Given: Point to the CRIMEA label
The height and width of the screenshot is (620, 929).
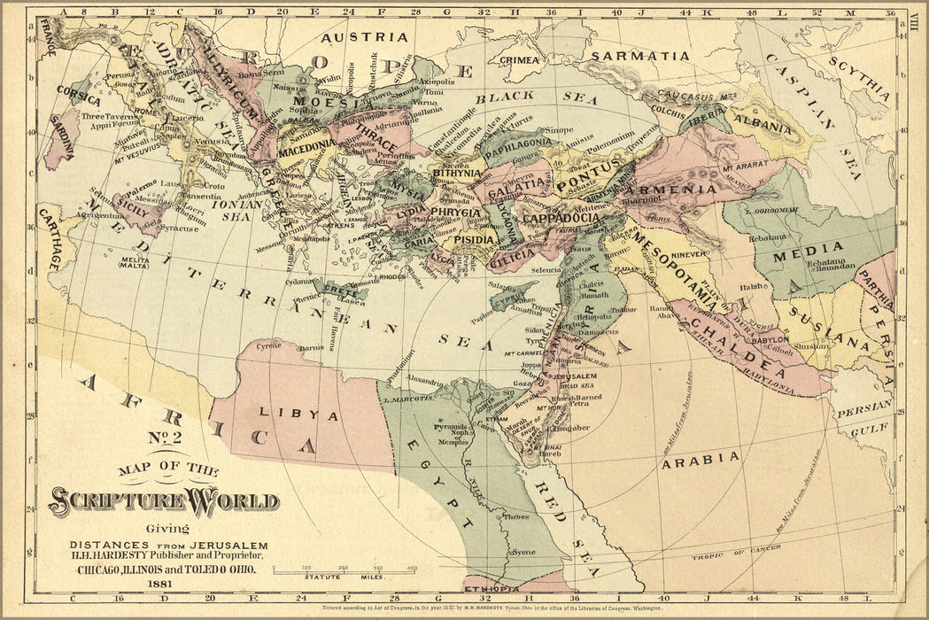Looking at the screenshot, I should coord(519,59).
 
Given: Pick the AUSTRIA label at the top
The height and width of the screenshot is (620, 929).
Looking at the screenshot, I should coord(364,37).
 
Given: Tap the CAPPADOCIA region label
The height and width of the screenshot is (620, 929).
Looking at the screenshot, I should coord(561,217).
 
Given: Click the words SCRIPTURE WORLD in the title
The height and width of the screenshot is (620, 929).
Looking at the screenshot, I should coord(164,501).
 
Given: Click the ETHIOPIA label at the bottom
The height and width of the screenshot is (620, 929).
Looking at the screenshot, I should coord(492,588).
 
